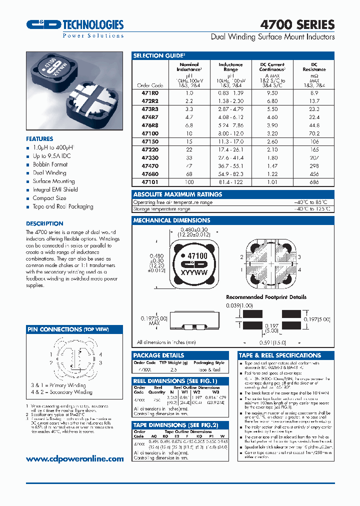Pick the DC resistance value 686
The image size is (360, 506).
314,182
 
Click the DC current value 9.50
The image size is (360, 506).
272,93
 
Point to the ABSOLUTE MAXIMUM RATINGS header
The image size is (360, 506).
177,194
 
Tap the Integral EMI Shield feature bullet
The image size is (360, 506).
55,190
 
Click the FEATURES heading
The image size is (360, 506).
39,139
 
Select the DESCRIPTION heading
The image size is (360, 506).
44,223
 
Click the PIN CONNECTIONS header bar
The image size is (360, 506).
74,329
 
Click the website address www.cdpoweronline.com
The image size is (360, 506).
74,458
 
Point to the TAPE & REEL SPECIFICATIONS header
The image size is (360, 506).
279,355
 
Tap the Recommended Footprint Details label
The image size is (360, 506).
266,297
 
